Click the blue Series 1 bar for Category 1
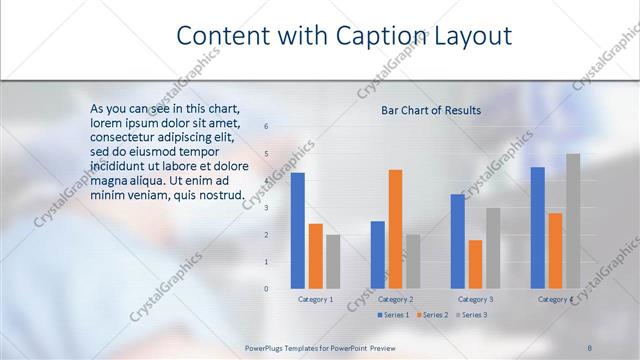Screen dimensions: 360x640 [x=297, y=231]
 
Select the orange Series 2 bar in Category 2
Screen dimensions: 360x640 [x=395, y=229]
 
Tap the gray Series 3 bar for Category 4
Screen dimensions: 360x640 [x=573, y=221]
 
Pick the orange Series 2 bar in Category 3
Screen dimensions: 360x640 [x=475, y=264]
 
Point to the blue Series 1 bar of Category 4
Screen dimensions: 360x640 [x=538, y=228]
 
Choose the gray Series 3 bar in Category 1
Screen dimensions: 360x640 [x=333, y=261]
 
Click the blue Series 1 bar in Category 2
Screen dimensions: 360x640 [x=377, y=255]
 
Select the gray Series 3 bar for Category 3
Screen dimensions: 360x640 [x=493, y=248]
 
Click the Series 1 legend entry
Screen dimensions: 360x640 [x=393, y=315]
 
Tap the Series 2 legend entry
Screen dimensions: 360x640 [x=432, y=315]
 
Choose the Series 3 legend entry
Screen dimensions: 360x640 [x=471, y=315]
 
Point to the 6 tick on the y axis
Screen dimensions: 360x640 [x=266, y=126]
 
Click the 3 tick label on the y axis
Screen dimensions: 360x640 [x=266, y=207]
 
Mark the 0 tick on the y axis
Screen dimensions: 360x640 [x=266, y=289]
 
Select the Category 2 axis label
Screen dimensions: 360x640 [x=396, y=299]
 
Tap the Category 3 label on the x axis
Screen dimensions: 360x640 [x=475, y=299]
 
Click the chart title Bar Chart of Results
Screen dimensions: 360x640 [x=431, y=110]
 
